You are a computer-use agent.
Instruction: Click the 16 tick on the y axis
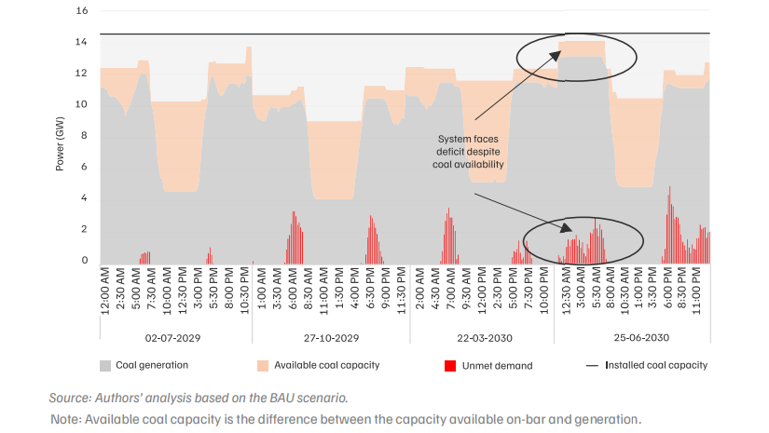click(82, 10)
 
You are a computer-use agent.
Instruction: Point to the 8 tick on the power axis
click(84, 135)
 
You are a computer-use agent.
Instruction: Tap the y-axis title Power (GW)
click(60, 144)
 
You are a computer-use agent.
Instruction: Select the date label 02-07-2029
click(172, 338)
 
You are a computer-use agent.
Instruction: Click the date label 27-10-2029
click(331, 338)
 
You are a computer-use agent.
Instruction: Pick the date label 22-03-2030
click(485, 338)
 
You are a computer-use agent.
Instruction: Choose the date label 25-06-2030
click(641, 337)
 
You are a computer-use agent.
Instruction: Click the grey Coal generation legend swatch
click(105, 366)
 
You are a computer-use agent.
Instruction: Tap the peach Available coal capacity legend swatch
click(263, 366)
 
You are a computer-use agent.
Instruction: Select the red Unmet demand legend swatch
click(450, 366)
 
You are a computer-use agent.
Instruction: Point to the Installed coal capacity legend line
click(593, 365)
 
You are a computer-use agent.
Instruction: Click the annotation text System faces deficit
click(468, 145)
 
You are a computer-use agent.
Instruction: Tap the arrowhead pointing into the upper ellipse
click(556, 54)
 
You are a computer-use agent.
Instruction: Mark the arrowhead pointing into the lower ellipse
click(567, 228)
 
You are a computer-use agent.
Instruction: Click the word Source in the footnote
click(69, 398)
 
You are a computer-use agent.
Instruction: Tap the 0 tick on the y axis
click(84, 260)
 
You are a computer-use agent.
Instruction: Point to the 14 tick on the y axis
click(82, 42)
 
